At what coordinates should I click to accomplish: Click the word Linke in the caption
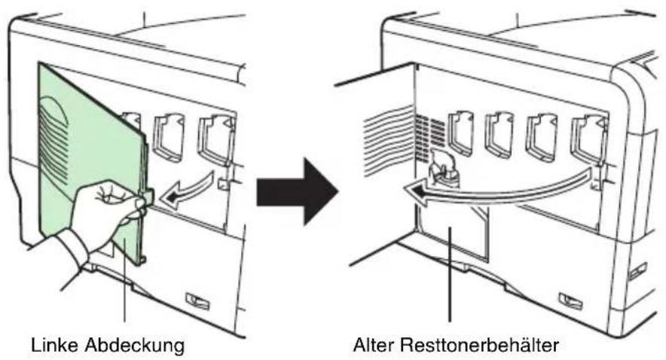55,344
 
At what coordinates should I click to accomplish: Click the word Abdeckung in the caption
135,345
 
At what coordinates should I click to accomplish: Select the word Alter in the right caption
372,344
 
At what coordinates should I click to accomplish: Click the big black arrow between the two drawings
298,191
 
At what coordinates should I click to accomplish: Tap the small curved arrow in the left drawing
186,190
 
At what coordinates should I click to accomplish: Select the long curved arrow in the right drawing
497,192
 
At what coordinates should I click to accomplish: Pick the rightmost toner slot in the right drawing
589,136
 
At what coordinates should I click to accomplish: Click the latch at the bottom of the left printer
197,301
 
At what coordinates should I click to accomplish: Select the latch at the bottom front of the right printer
571,301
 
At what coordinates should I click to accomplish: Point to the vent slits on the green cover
54,140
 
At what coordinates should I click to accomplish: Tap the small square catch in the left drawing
222,184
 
